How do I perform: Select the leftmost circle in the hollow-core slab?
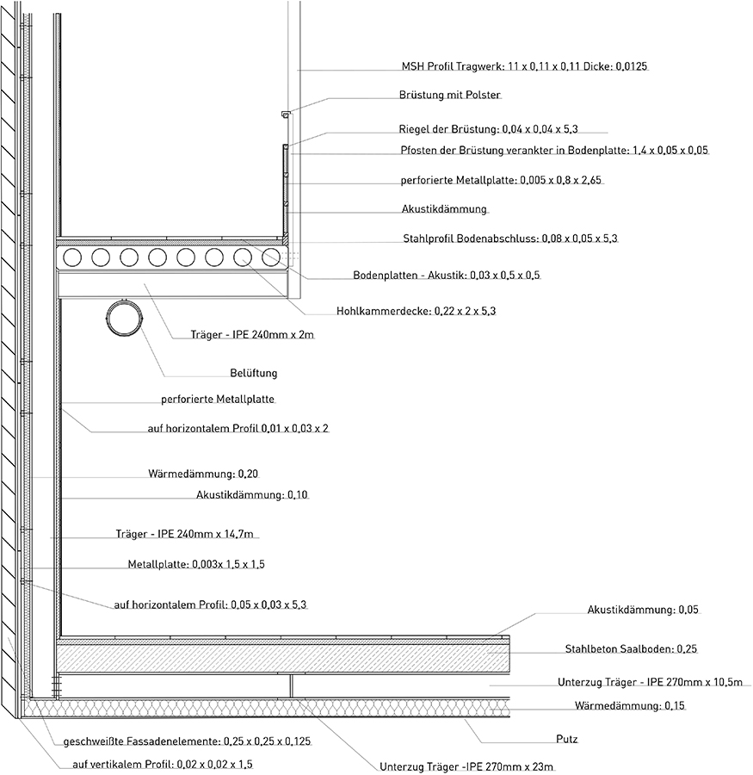coord(72,257)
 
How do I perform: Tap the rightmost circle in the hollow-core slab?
coord(271,257)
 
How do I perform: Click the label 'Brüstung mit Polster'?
coord(449,95)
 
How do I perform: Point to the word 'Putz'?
coord(567,739)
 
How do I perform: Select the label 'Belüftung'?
coord(254,373)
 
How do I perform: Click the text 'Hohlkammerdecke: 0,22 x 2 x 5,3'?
coord(416,312)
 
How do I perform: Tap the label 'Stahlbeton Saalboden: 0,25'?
coord(631,648)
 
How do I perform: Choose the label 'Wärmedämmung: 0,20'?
coord(203,474)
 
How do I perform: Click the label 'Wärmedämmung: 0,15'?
coord(629,705)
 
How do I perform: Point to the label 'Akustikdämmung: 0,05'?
coord(643,610)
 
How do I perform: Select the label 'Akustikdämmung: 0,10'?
coord(252,495)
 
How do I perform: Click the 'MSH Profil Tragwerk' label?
coord(524,66)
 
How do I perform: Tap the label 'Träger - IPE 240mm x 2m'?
coord(252,335)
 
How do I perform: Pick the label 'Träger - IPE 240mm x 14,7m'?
coord(184,534)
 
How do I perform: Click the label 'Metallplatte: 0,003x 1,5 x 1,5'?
coord(196,564)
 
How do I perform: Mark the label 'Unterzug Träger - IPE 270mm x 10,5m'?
coord(651,682)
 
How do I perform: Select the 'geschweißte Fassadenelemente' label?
coord(187,741)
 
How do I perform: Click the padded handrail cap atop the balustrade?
coord(286,115)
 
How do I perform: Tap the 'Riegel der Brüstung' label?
coord(488,129)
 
